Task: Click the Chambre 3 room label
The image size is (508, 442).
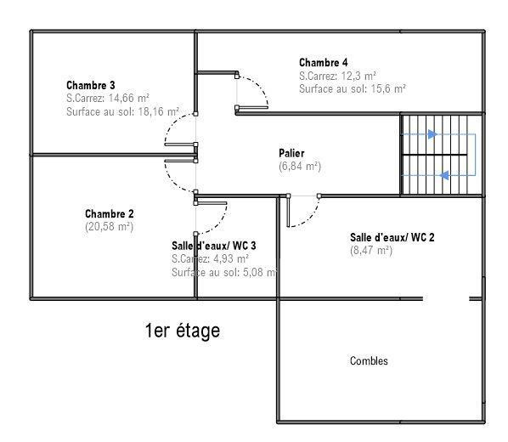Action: (91, 85)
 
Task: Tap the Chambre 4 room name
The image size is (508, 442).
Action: (324, 62)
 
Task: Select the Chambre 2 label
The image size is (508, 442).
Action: (110, 213)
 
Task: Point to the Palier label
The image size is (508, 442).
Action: (291, 153)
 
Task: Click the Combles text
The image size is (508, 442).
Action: (369, 361)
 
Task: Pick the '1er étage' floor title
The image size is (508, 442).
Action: (183, 331)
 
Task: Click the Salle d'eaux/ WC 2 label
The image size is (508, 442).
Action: (392, 237)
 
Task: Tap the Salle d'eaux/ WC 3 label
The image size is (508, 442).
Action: (214, 246)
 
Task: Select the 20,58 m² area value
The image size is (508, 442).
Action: (110, 226)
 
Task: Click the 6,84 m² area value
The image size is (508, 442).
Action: (300, 166)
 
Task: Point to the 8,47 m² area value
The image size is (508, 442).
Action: (371, 251)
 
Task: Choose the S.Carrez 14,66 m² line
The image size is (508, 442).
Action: (108, 98)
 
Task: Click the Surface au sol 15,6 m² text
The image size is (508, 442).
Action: (353, 88)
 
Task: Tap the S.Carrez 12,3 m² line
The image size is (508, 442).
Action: (337, 76)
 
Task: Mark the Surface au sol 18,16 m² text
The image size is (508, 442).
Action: (123, 111)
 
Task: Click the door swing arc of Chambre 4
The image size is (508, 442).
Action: (259, 85)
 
